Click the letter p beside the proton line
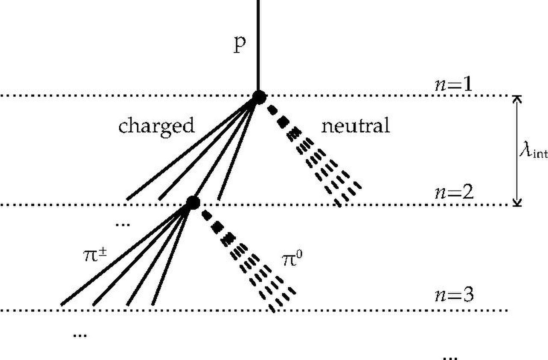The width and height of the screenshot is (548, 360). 239,45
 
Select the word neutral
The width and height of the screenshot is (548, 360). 355,125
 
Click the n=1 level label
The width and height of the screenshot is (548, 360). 453,85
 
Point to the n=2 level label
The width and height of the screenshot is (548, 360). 454,192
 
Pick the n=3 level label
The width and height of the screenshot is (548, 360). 454,295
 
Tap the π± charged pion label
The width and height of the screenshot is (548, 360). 95,256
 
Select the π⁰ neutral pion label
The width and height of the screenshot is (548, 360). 292,259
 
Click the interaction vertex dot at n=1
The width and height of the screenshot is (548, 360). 259,97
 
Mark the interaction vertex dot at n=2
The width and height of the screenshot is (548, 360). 193,202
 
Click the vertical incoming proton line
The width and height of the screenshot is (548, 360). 258,47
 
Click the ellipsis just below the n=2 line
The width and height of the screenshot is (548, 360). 123,224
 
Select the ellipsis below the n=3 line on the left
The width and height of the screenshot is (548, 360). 80,335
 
